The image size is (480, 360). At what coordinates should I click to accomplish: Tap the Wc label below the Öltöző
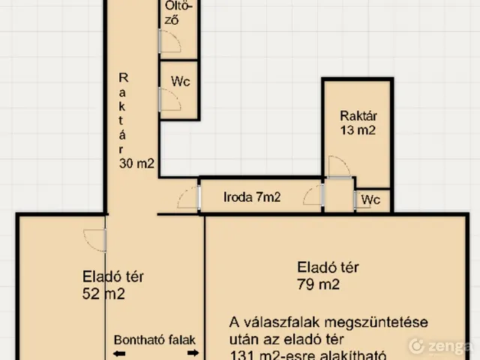(x=180, y=82)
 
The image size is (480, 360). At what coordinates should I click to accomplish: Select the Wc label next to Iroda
(x=371, y=200)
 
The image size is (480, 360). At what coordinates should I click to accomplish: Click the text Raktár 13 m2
(x=358, y=123)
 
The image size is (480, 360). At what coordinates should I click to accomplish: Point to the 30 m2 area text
(x=136, y=163)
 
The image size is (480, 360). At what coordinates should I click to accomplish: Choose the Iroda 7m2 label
(x=252, y=198)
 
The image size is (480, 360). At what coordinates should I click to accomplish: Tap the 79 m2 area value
(x=318, y=284)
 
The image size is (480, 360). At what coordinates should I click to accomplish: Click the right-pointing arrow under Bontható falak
(x=192, y=352)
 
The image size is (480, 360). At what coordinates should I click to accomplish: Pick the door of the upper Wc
(x=169, y=100)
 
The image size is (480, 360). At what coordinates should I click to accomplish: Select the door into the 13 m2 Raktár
(x=339, y=166)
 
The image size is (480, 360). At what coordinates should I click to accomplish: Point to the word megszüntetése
(x=387, y=322)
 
